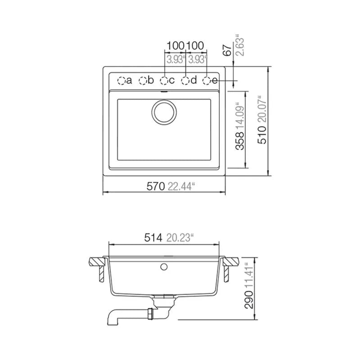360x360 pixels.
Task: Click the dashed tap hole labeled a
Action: (x=121, y=81)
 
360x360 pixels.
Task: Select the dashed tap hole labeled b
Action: (x=143, y=81)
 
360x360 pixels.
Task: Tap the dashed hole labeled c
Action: (x=164, y=81)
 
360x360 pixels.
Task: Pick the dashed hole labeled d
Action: (x=185, y=81)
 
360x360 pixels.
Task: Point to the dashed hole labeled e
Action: (x=207, y=81)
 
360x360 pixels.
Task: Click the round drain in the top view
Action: (x=164, y=112)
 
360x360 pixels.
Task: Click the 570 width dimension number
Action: (x=156, y=186)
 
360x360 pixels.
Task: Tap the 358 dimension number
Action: (x=240, y=141)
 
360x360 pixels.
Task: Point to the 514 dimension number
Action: (x=153, y=238)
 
